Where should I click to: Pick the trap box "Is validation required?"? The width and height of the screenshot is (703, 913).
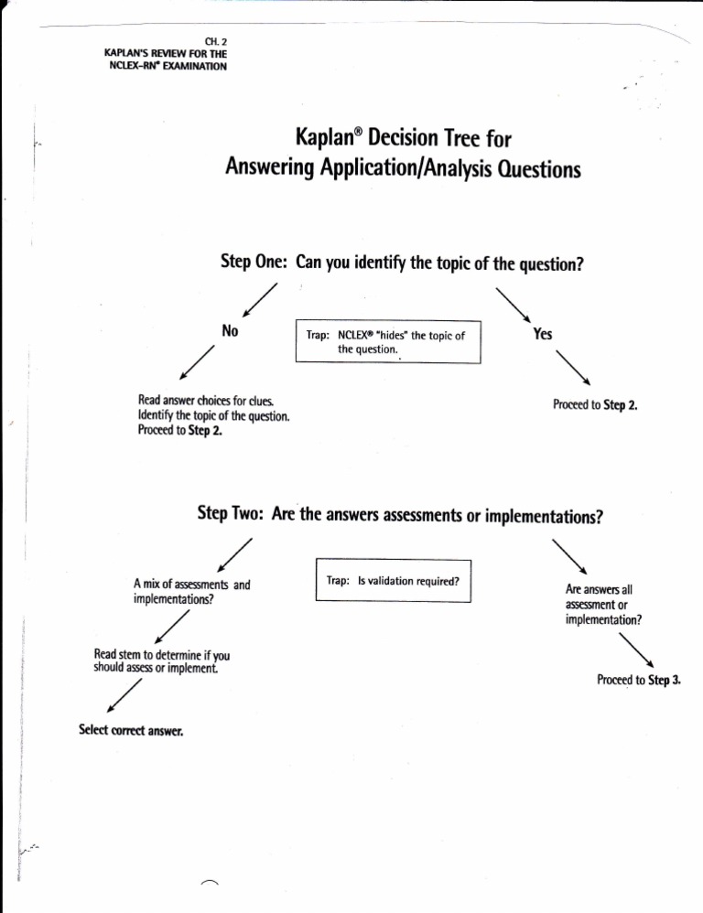pos(392,580)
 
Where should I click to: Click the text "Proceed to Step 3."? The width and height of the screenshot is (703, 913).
pos(641,680)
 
